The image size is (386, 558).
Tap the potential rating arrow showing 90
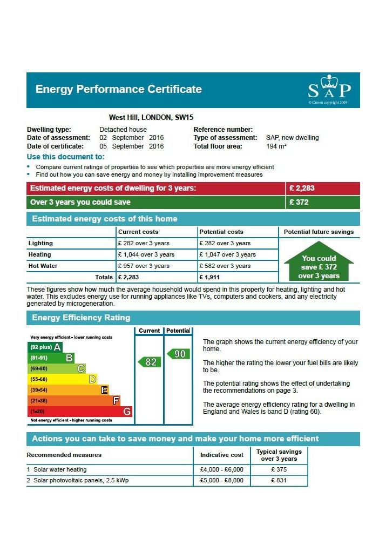pos(178,354)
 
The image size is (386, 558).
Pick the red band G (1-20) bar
pos(80,412)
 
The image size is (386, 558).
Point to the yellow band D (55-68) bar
pos(62,379)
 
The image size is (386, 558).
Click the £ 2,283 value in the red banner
pos(302,189)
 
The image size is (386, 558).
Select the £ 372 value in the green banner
pos(299,202)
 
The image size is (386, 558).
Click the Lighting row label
pos(40,243)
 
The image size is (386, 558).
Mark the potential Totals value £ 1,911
pos(209,277)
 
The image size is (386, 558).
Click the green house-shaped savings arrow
pos(319,261)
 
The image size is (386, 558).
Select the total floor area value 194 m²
pos(276,146)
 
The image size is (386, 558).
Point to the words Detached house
pos(123,130)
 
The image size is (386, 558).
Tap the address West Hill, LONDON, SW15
pos(151,117)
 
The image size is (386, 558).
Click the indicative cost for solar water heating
pos(222,469)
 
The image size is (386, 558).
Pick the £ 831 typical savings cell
pos(279,480)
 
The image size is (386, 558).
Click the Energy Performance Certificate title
pos(118,89)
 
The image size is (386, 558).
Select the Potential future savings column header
pos(319,232)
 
